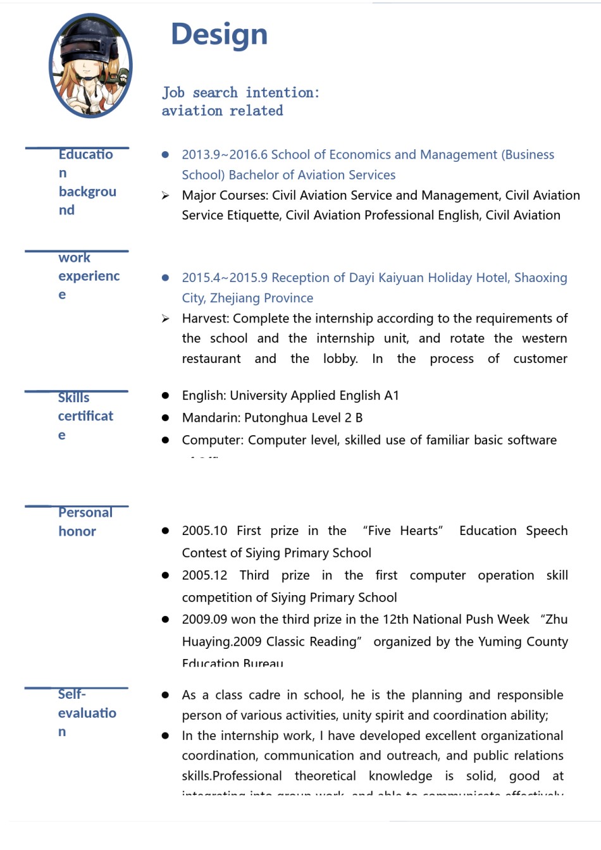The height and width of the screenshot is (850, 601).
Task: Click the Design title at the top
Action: click(x=219, y=34)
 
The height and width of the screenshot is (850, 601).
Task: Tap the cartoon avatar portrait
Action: click(x=90, y=66)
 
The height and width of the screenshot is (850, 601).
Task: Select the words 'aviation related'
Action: click(x=222, y=111)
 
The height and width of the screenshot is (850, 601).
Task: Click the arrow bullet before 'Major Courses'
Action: click(x=165, y=195)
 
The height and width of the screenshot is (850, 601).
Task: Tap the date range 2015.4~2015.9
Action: click(x=225, y=278)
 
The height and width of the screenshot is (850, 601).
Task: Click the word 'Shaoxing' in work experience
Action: click(x=540, y=278)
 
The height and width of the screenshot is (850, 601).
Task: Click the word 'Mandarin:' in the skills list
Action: click(x=211, y=417)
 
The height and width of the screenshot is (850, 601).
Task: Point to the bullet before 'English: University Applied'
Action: click(x=165, y=395)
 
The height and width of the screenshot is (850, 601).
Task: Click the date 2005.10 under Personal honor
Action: click(x=204, y=531)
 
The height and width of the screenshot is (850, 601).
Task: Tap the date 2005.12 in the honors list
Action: click(x=204, y=576)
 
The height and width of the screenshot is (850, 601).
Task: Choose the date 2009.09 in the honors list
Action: click(x=204, y=620)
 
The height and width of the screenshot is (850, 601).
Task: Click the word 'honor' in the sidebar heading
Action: click(x=77, y=531)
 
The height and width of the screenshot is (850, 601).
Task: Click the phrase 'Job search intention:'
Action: click(x=240, y=92)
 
